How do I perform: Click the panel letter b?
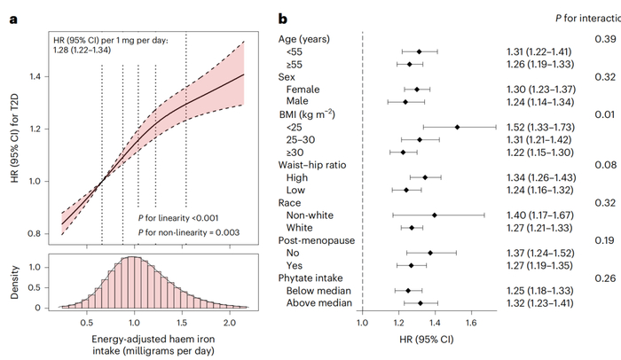click(282, 18)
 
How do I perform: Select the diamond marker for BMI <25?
click(457, 128)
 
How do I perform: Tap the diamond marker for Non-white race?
click(434, 215)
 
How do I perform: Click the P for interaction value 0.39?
click(604, 40)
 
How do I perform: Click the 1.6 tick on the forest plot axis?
click(470, 324)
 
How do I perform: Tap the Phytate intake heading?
click(316, 278)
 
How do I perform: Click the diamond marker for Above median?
click(420, 302)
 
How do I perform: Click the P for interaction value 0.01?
click(604, 114)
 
